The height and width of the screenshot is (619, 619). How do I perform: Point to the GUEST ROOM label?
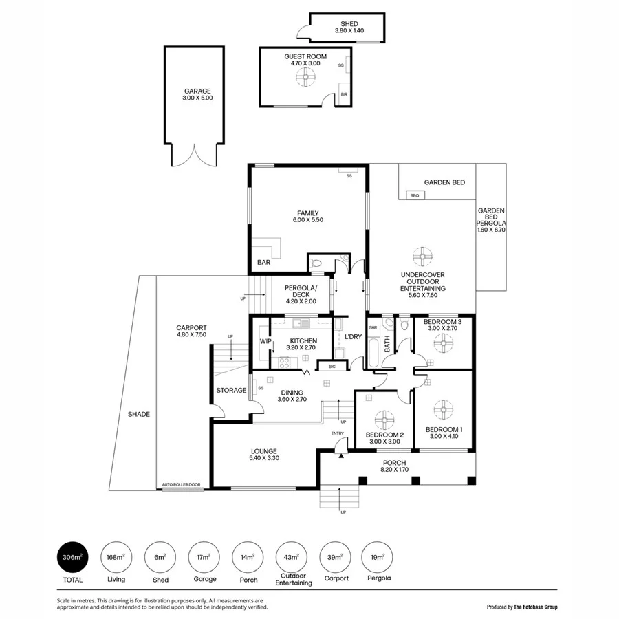pos(305,56)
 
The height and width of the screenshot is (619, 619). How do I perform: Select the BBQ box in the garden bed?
pos(414,196)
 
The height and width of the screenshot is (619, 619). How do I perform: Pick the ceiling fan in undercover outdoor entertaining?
pos(423,257)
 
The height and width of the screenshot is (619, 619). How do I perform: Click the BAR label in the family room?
pos(263,263)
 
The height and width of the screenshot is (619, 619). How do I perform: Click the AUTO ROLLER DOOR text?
pos(181,485)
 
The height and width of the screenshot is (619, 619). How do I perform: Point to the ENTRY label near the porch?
pos(338,433)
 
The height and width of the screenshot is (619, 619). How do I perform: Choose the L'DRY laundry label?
pos(354,336)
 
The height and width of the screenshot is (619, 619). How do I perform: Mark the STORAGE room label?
pos(231,391)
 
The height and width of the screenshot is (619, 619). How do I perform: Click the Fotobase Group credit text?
pos(522,607)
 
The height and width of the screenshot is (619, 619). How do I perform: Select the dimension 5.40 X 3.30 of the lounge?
pos(265,458)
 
